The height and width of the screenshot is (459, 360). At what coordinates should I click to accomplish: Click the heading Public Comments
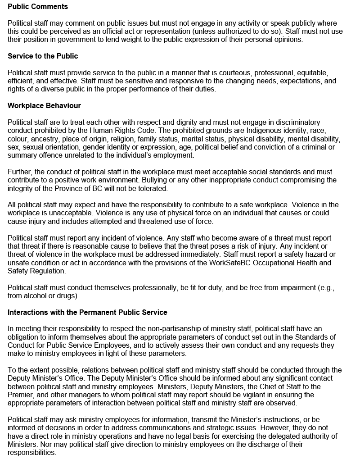pyautogui.click(x=38, y=7)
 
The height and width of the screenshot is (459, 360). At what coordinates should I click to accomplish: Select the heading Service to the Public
pyautogui.click(x=43, y=56)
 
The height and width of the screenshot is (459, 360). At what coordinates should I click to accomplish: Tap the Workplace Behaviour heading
pyautogui.click(x=44, y=106)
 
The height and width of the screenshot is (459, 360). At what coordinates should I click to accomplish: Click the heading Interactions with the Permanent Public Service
pyautogui.click(x=87, y=312)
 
